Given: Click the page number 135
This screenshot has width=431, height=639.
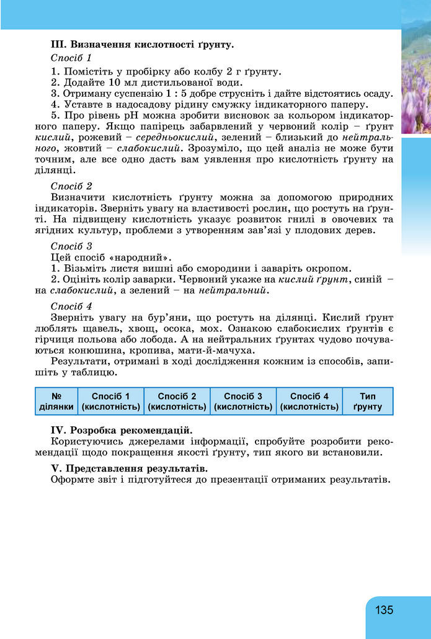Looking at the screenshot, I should pyautogui.click(x=384, y=610).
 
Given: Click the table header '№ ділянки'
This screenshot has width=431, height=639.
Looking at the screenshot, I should pyautogui.click(x=56, y=401).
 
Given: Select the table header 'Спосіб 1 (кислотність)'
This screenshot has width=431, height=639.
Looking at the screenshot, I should pyautogui.click(x=110, y=401).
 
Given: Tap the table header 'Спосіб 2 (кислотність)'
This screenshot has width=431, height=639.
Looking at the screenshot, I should pyautogui.click(x=177, y=401).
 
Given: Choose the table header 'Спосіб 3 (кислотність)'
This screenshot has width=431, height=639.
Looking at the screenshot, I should pyautogui.click(x=243, y=401).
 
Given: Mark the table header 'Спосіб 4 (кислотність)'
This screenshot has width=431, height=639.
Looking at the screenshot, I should pyautogui.click(x=309, y=401).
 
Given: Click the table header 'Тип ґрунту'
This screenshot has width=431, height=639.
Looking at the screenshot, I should pyautogui.click(x=368, y=401).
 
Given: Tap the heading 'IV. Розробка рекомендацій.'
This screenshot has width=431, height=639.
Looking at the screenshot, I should pyautogui.click(x=121, y=430).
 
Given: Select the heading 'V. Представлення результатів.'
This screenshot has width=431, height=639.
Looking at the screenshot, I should pyautogui.click(x=129, y=468).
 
